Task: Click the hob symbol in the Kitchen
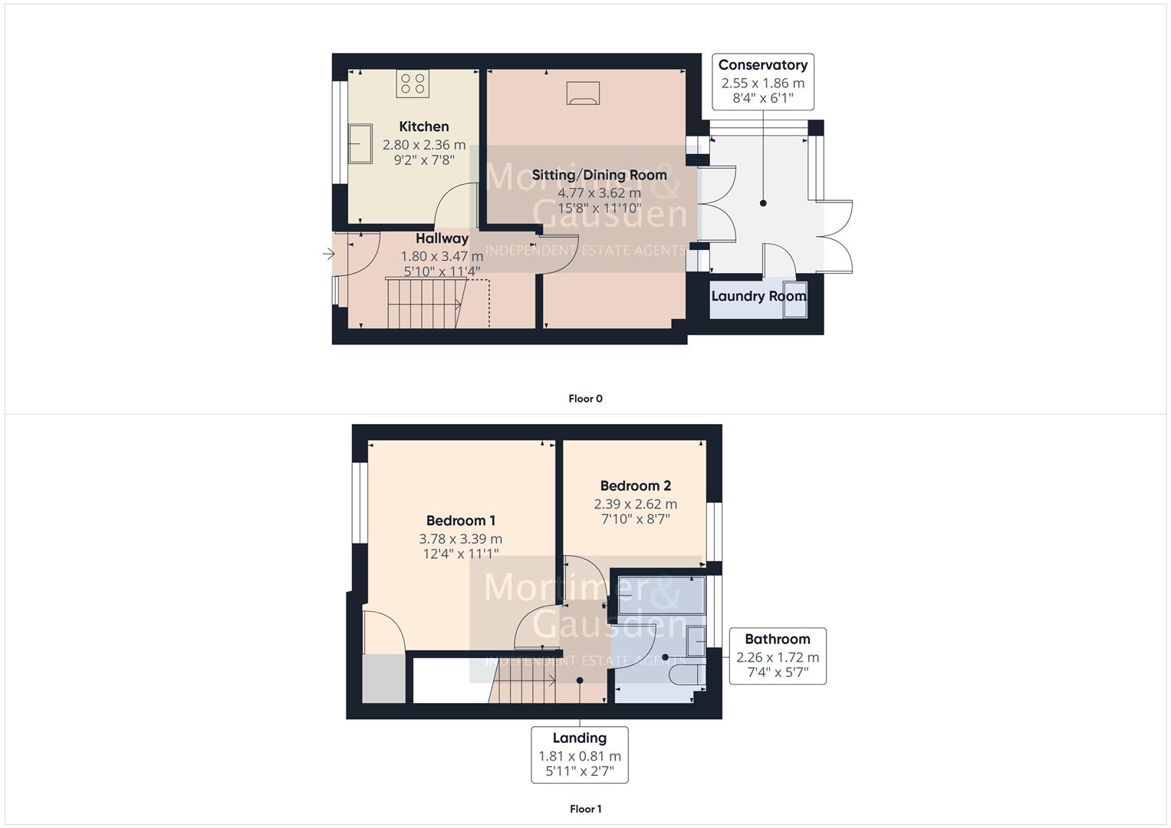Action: (x=412, y=83)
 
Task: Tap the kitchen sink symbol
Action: (x=360, y=143)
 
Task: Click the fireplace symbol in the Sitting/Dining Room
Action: (x=583, y=93)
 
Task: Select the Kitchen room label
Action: (x=424, y=127)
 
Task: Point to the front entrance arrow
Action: (x=328, y=254)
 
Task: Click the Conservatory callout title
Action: (x=762, y=65)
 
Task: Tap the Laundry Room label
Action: (x=758, y=296)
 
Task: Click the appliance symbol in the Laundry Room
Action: (x=795, y=297)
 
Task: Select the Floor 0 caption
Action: (x=585, y=399)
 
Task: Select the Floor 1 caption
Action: (x=585, y=809)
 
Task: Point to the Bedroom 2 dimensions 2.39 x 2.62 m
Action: (x=635, y=504)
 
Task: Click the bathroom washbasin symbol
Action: (x=696, y=641)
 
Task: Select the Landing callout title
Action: (x=580, y=738)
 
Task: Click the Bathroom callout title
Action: (x=777, y=639)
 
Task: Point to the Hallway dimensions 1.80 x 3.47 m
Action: (x=442, y=256)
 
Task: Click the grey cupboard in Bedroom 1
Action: (x=383, y=678)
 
